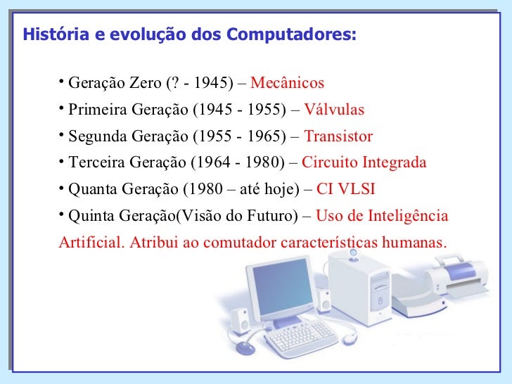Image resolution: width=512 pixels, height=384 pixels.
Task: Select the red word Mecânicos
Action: tap(287, 84)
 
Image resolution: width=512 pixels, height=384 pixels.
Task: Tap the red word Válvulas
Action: tap(333, 110)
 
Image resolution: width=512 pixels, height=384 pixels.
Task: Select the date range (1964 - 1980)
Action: tap(240, 163)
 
